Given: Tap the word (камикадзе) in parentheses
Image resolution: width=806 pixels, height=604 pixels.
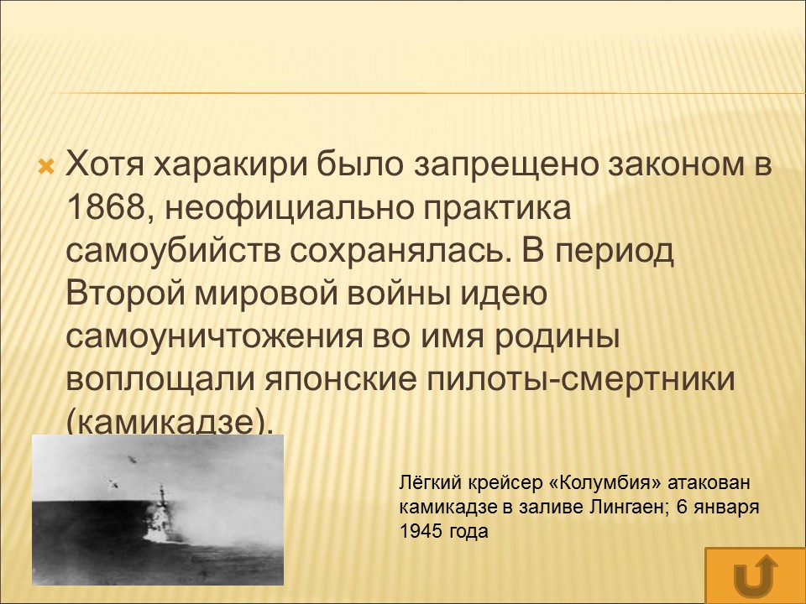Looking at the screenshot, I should [170, 424].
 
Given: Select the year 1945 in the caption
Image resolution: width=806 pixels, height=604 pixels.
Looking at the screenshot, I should [419, 532].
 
